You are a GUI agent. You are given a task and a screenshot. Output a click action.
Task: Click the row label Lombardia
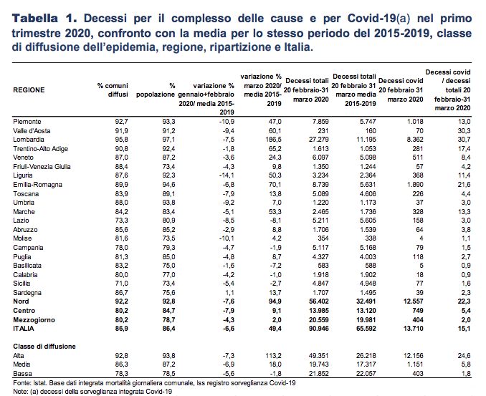29,140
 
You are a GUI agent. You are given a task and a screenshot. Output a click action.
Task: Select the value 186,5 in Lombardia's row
273,140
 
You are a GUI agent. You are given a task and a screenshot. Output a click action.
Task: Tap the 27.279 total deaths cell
319,140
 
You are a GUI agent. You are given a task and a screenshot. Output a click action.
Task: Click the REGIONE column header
29,90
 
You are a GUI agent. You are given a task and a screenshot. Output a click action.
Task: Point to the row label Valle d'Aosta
32,130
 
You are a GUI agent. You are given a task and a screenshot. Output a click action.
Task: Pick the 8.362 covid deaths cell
415,140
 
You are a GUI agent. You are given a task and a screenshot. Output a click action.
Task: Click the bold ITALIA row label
24,329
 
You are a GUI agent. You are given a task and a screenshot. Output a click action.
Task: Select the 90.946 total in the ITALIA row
319,329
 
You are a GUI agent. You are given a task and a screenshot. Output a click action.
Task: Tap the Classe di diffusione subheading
44,347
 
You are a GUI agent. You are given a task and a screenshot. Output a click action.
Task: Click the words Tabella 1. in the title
44,19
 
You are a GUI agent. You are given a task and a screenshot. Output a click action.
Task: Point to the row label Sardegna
27,293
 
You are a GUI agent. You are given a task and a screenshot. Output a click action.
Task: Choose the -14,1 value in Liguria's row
227,175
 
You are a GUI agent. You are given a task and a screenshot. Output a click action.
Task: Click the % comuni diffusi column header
113,90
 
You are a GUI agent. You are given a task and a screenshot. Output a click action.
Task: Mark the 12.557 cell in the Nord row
413,301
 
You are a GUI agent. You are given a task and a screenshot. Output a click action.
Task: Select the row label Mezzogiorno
34,320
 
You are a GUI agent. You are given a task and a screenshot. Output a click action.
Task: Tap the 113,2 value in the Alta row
273,356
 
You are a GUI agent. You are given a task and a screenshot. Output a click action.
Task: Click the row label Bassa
23,374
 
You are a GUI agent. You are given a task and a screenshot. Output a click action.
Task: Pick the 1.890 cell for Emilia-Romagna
415,185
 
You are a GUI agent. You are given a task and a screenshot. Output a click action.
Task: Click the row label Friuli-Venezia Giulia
42,167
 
